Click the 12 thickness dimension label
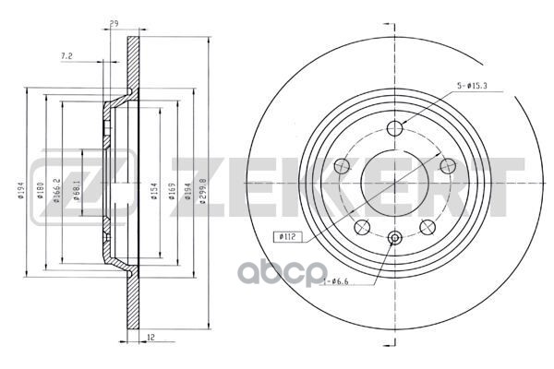pos(149,337)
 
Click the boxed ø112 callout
pos(287,235)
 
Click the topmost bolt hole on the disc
pos(395,128)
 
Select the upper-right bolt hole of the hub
pos(449,165)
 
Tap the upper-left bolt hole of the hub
pos(341,167)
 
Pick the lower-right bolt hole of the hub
pos(428,228)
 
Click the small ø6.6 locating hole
pos(395,238)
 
